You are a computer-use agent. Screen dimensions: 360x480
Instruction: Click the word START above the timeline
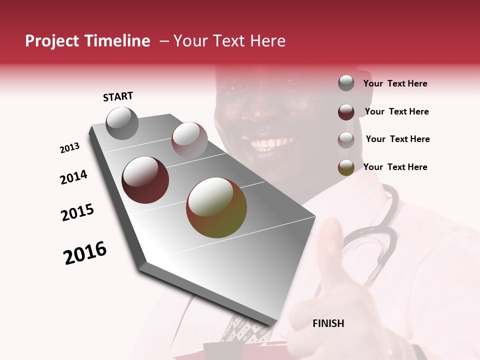118,96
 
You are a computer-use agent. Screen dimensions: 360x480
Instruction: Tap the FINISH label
328,323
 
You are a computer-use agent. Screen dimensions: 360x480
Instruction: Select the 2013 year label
69,148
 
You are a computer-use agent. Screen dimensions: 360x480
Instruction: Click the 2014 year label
73,177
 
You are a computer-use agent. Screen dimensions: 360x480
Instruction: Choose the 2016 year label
85,253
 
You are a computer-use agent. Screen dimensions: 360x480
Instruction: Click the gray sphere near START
122,123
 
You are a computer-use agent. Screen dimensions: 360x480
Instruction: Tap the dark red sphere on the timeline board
145,180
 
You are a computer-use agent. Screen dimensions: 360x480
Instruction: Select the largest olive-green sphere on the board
216,207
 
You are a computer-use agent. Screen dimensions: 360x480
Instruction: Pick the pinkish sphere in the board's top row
189,139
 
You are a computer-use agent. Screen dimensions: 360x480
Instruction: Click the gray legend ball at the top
346,83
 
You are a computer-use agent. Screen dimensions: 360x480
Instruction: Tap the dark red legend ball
346,112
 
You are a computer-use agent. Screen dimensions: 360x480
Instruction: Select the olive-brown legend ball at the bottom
346,167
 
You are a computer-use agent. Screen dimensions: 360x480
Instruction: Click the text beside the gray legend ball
395,84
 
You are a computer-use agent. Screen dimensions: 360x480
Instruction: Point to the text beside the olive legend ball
395,167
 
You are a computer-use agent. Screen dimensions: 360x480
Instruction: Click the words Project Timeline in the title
87,41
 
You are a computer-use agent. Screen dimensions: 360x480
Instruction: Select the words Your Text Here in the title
229,41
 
